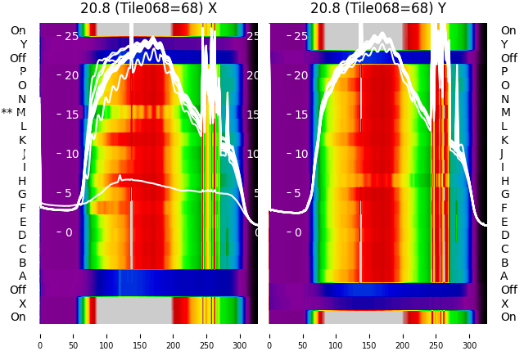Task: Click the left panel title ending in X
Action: (148, 8)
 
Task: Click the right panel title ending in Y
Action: (378, 8)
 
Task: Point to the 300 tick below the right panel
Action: (470, 335)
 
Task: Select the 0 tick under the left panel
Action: (40, 335)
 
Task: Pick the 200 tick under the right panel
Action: (403, 335)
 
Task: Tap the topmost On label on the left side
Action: (18, 30)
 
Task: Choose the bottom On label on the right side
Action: (508, 317)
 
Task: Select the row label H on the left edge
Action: (22, 181)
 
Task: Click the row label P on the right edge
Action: (504, 71)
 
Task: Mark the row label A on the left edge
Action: (22, 276)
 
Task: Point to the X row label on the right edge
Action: (504, 304)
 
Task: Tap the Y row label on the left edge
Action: (22, 44)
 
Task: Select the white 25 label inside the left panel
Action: (71, 36)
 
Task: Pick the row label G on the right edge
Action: (504, 194)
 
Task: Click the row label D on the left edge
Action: (22, 235)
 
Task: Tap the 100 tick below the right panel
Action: (337, 335)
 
